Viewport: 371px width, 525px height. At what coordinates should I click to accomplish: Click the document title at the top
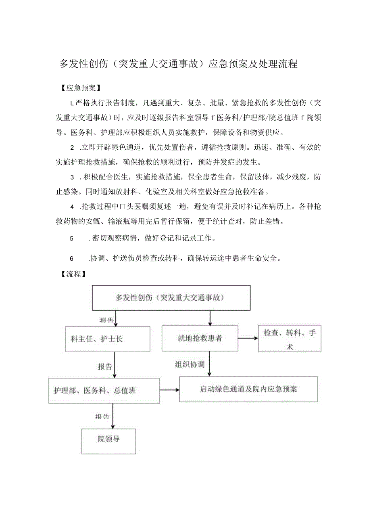178,64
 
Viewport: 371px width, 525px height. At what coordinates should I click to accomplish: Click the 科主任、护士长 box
97,339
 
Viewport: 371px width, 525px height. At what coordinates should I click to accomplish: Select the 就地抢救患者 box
200,339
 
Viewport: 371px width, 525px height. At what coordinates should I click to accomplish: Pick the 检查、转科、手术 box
290,339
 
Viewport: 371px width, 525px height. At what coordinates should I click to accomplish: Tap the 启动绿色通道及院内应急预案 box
248,389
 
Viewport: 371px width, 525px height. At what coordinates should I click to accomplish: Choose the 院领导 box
108,439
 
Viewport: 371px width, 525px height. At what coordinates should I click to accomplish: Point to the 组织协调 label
190,364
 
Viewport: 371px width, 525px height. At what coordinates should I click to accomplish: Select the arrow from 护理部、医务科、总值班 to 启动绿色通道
170,390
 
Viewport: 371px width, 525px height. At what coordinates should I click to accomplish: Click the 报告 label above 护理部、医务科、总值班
105,367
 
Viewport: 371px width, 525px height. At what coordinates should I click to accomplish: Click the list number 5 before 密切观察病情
72,238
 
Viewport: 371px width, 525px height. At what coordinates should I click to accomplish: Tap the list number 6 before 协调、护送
72,259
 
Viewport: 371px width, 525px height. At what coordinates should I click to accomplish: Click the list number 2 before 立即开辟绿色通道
72,147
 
